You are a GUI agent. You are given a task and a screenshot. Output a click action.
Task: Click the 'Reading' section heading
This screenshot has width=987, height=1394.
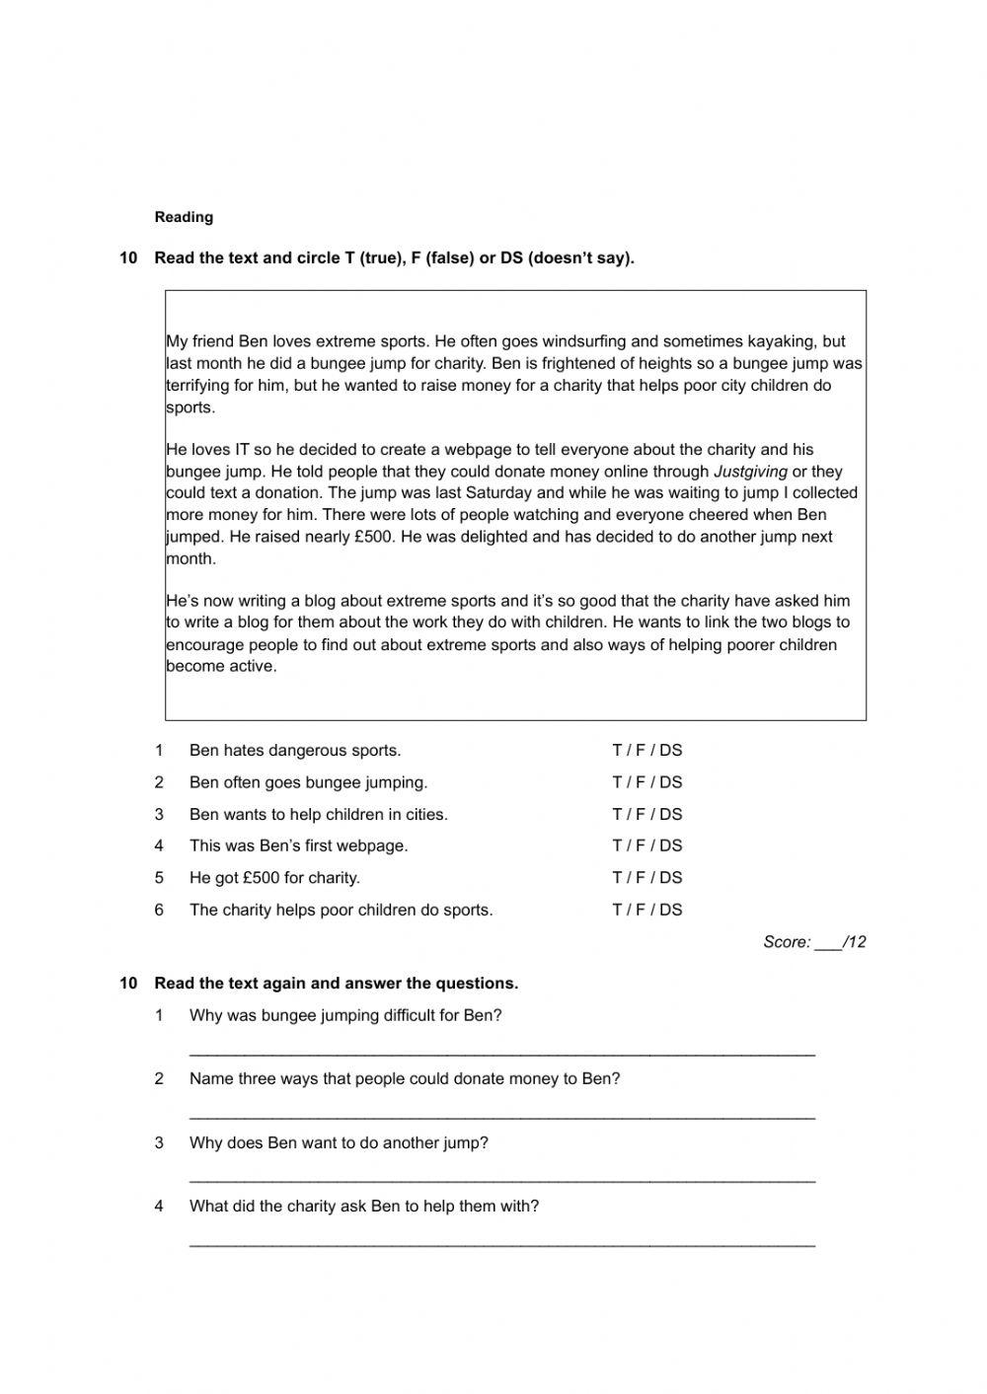coord(184,217)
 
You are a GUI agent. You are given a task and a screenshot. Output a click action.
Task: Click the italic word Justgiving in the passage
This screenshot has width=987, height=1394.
coord(750,472)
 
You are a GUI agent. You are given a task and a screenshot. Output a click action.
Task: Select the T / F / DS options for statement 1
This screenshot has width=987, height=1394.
coord(646,750)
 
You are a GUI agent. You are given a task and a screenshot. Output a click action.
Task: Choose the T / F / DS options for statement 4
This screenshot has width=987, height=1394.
coord(646,845)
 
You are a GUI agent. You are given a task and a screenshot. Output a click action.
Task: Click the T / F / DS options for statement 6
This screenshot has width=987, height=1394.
coord(646,910)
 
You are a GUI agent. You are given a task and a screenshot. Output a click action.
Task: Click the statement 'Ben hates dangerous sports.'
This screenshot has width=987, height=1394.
coord(295,750)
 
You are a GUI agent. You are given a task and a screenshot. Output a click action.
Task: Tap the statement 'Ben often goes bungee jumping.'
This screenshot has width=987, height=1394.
coord(308,782)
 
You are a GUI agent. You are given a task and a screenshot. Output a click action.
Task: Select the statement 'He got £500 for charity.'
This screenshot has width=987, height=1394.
coord(274,877)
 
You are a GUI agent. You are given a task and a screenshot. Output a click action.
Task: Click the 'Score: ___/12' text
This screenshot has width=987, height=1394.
coord(814,942)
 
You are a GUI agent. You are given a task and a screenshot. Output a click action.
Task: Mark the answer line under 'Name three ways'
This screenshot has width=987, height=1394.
coord(501,1117)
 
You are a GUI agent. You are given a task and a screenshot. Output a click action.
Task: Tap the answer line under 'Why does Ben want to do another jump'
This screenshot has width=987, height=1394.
coord(501,1180)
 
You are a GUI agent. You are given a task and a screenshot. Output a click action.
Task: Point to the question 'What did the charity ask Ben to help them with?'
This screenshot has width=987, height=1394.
coord(363,1206)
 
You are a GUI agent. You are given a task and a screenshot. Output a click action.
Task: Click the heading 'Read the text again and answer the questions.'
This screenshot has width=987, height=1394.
coord(336,983)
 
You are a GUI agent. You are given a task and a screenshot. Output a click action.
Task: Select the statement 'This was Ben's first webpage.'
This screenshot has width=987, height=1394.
coord(298,845)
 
